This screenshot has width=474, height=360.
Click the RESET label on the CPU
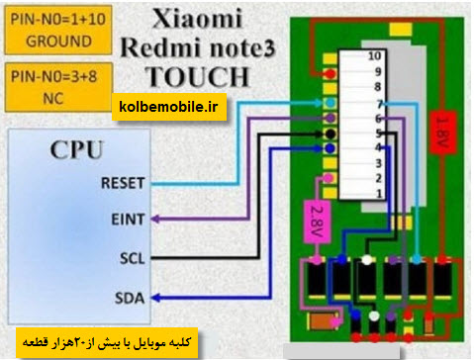123,183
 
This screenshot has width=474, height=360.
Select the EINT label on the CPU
128,220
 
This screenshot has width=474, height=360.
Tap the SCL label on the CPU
133,258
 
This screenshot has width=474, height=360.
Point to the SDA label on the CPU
130,298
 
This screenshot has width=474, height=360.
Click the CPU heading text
77,150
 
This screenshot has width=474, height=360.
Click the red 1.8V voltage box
442,133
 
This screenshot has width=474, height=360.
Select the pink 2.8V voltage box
317,222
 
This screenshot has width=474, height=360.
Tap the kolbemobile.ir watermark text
168,107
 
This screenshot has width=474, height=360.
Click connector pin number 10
374,56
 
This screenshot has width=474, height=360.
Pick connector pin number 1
379,194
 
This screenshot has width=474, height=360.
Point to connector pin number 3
378,163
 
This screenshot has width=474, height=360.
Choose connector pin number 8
378,87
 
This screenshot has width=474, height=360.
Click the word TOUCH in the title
197,77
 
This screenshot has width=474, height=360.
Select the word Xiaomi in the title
197,18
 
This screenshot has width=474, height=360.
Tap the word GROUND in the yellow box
58,42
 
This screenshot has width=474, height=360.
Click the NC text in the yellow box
53,98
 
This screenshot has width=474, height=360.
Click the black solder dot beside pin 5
330,134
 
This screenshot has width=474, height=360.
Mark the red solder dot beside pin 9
330,74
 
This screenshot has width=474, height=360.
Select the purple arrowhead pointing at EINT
155,219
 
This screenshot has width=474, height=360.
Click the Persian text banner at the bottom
107,343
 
